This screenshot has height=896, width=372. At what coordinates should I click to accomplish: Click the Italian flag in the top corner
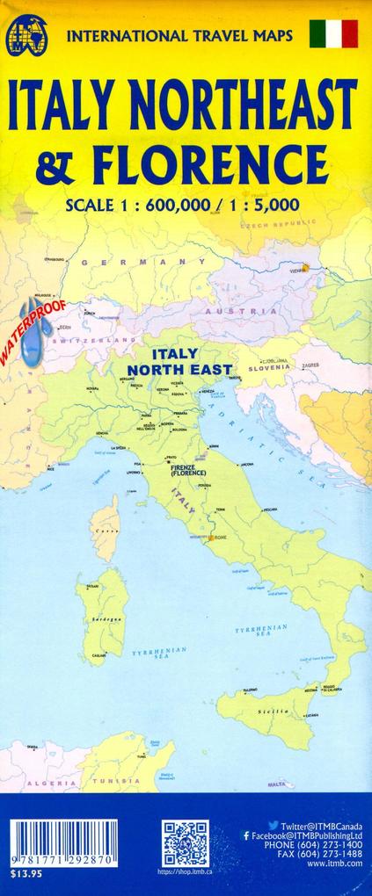[x=334, y=34]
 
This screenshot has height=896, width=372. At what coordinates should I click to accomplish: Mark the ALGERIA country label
[x=43, y=781]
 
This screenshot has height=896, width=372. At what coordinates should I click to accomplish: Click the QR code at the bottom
[x=186, y=843]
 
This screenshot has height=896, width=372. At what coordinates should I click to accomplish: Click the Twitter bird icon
[x=273, y=826]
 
